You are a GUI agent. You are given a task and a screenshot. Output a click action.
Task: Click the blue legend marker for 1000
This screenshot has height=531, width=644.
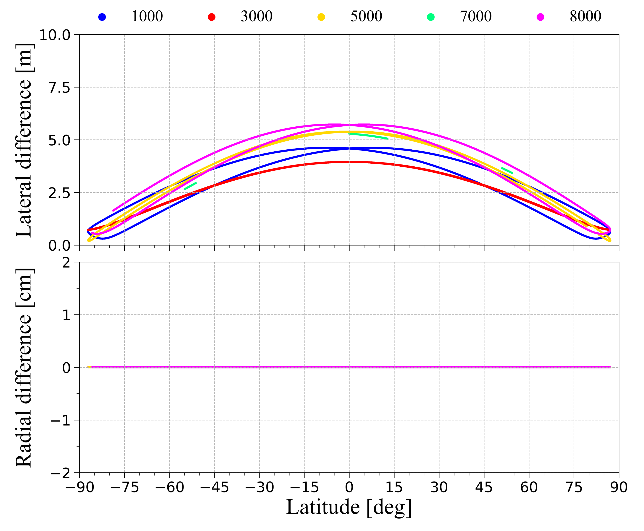tap(102, 17)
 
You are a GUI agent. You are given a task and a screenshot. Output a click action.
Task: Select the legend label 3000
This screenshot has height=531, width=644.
tap(256, 17)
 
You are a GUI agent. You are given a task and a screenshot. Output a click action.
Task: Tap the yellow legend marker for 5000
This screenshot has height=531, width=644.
tap(321, 17)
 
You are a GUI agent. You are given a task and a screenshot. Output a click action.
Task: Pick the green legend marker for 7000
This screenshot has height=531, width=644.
tap(431, 17)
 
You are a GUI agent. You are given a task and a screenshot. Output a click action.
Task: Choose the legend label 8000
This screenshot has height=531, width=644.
tap(585, 17)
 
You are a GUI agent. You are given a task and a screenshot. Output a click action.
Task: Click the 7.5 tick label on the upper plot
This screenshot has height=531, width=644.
tap(59, 88)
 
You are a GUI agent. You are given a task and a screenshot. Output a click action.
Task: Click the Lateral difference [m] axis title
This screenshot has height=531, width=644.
tap(24, 140)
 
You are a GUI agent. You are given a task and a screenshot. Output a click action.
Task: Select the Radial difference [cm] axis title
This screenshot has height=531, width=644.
tap(24, 368)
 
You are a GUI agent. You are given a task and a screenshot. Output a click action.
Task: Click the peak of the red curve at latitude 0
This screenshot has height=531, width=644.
tap(349, 162)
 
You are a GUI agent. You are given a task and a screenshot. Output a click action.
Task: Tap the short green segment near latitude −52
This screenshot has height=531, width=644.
tap(190, 186)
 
